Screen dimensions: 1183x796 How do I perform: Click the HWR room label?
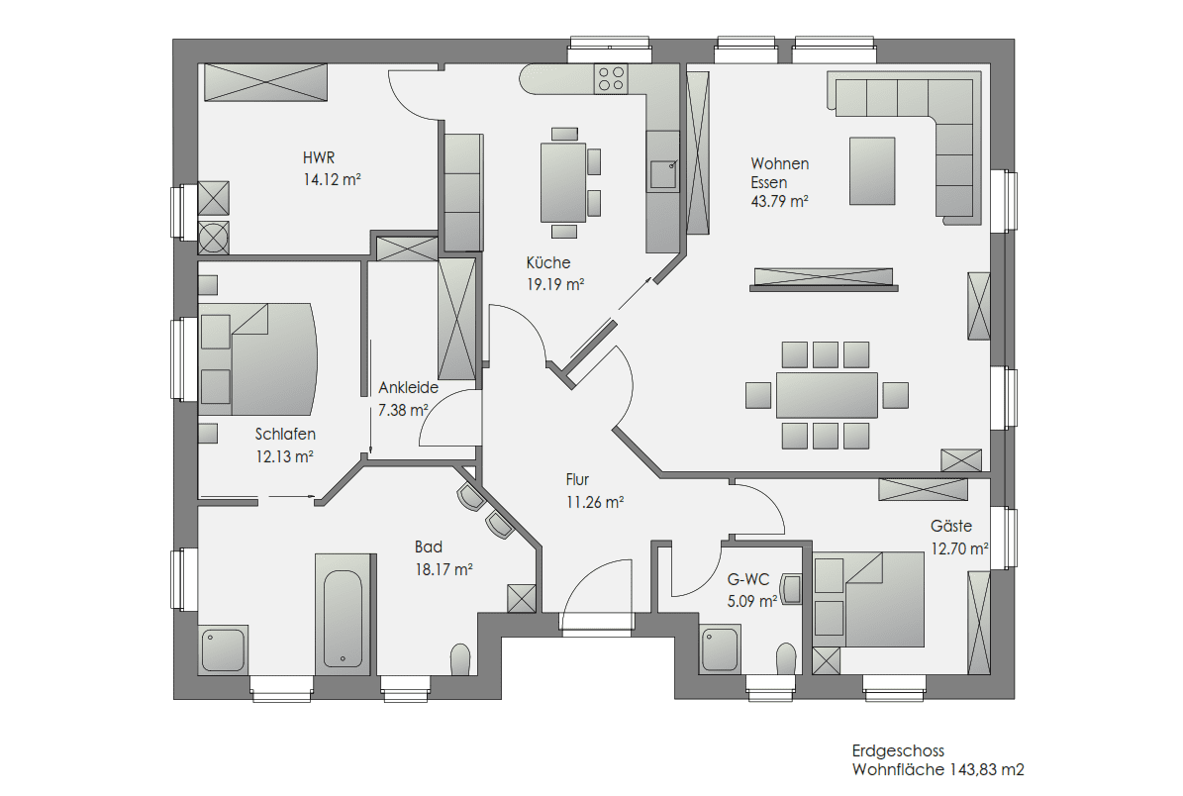pos(319,157)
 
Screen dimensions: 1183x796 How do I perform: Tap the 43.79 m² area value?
pos(779,201)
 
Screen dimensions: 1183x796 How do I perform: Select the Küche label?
pos(548,262)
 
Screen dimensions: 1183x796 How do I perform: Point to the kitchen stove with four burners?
pos(611,78)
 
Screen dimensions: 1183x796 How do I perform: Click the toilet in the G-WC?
pos(786,658)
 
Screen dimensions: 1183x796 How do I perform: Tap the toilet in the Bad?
pos(460,659)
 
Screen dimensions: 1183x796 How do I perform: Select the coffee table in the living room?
pos(872,171)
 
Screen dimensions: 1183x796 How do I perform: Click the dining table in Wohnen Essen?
pos(827,395)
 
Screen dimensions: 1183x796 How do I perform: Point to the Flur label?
pos(577,479)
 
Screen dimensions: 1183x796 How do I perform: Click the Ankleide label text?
pos(408,388)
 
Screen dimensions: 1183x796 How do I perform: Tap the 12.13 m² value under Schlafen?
pos(284,456)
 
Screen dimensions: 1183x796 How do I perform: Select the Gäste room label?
pos(950,526)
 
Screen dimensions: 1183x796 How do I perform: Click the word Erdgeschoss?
pos(898,750)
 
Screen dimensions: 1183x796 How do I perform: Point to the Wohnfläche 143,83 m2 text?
pos(937,769)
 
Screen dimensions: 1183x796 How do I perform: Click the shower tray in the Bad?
pos(224,648)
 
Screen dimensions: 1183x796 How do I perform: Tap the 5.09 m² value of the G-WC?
pos(752,601)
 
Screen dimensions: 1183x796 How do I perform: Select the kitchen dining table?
pos(563,182)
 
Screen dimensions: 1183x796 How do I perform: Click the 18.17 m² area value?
pos(444,569)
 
